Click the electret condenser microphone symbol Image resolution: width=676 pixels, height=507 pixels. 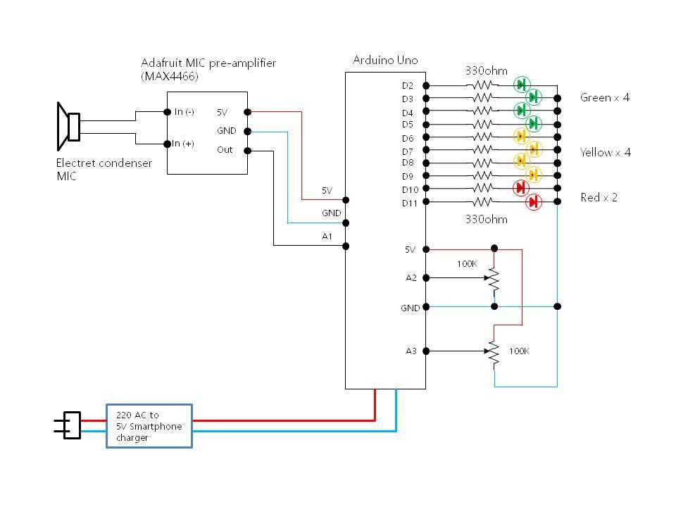69,127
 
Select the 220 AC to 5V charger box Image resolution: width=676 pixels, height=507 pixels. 149,425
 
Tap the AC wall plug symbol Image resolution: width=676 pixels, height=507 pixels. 69,425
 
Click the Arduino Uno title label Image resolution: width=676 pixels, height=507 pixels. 384,61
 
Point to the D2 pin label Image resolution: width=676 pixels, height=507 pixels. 407,86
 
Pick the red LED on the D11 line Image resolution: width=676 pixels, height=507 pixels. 533,202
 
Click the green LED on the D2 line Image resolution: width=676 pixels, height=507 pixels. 522,84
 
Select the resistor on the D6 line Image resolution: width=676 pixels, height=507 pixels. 482,137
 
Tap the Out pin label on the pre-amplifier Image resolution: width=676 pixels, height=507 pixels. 225,150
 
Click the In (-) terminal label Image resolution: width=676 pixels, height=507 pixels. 184,112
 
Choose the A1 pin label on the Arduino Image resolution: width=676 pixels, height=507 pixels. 327,237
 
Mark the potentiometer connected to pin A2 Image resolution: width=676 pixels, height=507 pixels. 494,279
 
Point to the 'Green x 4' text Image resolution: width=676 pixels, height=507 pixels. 604,97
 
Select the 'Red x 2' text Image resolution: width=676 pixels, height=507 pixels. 599,197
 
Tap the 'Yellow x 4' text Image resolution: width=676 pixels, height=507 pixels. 605,152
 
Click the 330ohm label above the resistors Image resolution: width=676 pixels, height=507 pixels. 486,70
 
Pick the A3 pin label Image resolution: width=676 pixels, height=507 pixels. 411,351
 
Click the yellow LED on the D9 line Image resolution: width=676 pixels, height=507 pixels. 533,174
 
